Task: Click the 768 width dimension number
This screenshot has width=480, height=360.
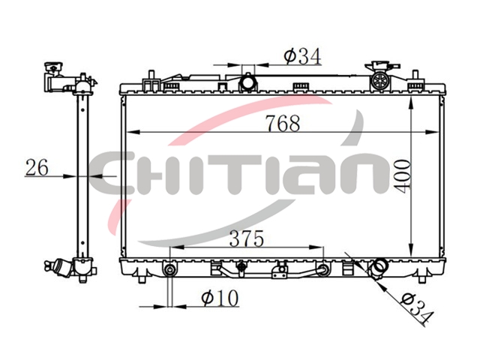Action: (283, 123)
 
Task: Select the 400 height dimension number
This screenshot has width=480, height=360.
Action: (403, 177)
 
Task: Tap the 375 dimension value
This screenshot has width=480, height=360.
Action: (247, 238)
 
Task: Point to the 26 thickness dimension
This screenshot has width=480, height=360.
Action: (37, 167)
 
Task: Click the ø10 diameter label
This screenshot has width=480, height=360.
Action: (220, 298)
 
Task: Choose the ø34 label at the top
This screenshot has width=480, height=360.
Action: (302, 56)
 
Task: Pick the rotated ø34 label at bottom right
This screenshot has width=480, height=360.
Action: (417, 308)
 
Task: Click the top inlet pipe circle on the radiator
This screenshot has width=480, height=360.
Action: (248, 82)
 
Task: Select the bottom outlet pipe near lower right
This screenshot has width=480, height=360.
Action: (379, 267)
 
